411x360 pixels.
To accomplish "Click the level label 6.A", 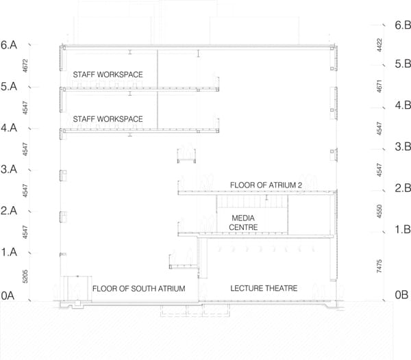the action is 9,45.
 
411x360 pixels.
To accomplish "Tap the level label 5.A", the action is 9,86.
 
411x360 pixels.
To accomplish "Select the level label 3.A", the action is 9,169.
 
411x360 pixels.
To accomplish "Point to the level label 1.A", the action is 9,252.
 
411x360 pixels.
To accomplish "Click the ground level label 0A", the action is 8,296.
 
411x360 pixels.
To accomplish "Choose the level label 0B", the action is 401,295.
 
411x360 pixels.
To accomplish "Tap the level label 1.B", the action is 403,229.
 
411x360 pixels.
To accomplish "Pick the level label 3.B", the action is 403,146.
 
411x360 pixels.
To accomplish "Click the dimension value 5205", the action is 25,277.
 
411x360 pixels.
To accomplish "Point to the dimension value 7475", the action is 379,266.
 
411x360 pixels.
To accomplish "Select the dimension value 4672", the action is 25,66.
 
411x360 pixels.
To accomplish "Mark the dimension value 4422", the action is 379,45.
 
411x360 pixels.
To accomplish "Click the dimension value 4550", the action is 379,211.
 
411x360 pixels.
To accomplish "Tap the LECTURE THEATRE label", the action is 264,288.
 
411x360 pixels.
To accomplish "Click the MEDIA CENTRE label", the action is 243,222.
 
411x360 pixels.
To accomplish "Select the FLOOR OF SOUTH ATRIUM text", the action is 138,289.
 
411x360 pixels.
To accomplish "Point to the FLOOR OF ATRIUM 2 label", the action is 266,185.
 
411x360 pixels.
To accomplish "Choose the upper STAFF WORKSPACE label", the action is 108,75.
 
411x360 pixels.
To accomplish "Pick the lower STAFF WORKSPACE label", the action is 108,119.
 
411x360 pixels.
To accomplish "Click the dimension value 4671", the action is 379,86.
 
